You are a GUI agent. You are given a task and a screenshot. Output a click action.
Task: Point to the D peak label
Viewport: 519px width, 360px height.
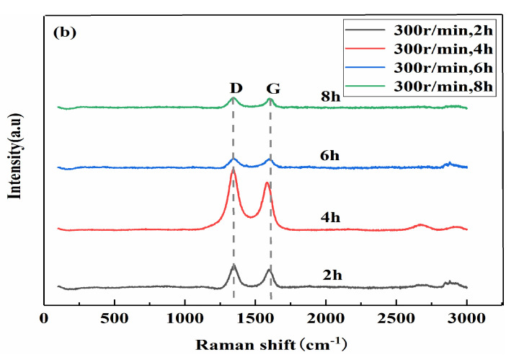click(x=234, y=88)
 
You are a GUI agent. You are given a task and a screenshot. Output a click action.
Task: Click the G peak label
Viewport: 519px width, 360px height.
click(x=272, y=89)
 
